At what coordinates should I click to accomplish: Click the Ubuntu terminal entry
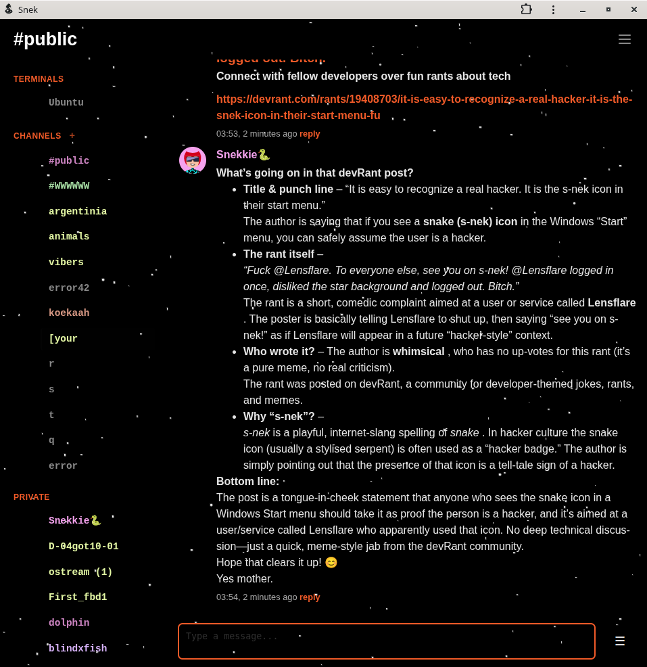click(66, 103)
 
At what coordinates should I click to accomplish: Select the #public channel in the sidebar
click(69, 161)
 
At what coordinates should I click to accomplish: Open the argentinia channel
click(78, 212)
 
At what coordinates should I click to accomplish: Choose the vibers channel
click(66, 262)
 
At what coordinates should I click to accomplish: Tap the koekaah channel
click(69, 313)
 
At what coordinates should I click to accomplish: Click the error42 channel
click(69, 288)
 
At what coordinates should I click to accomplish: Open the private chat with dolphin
click(69, 623)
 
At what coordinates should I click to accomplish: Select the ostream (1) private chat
click(80, 572)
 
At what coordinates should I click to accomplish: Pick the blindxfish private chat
click(78, 649)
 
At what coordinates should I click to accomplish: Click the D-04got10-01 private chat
click(83, 547)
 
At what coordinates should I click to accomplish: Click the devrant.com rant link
click(424, 107)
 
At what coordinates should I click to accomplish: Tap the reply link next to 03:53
click(310, 134)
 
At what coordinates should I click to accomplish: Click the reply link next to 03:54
click(310, 597)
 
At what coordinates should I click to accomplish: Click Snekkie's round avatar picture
click(193, 160)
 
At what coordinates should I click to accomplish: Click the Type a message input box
click(386, 641)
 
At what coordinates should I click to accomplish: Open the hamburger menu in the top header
click(625, 39)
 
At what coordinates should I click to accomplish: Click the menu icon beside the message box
click(620, 641)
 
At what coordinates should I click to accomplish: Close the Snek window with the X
click(634, 9)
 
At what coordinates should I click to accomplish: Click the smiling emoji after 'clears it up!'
click(331, 563)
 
